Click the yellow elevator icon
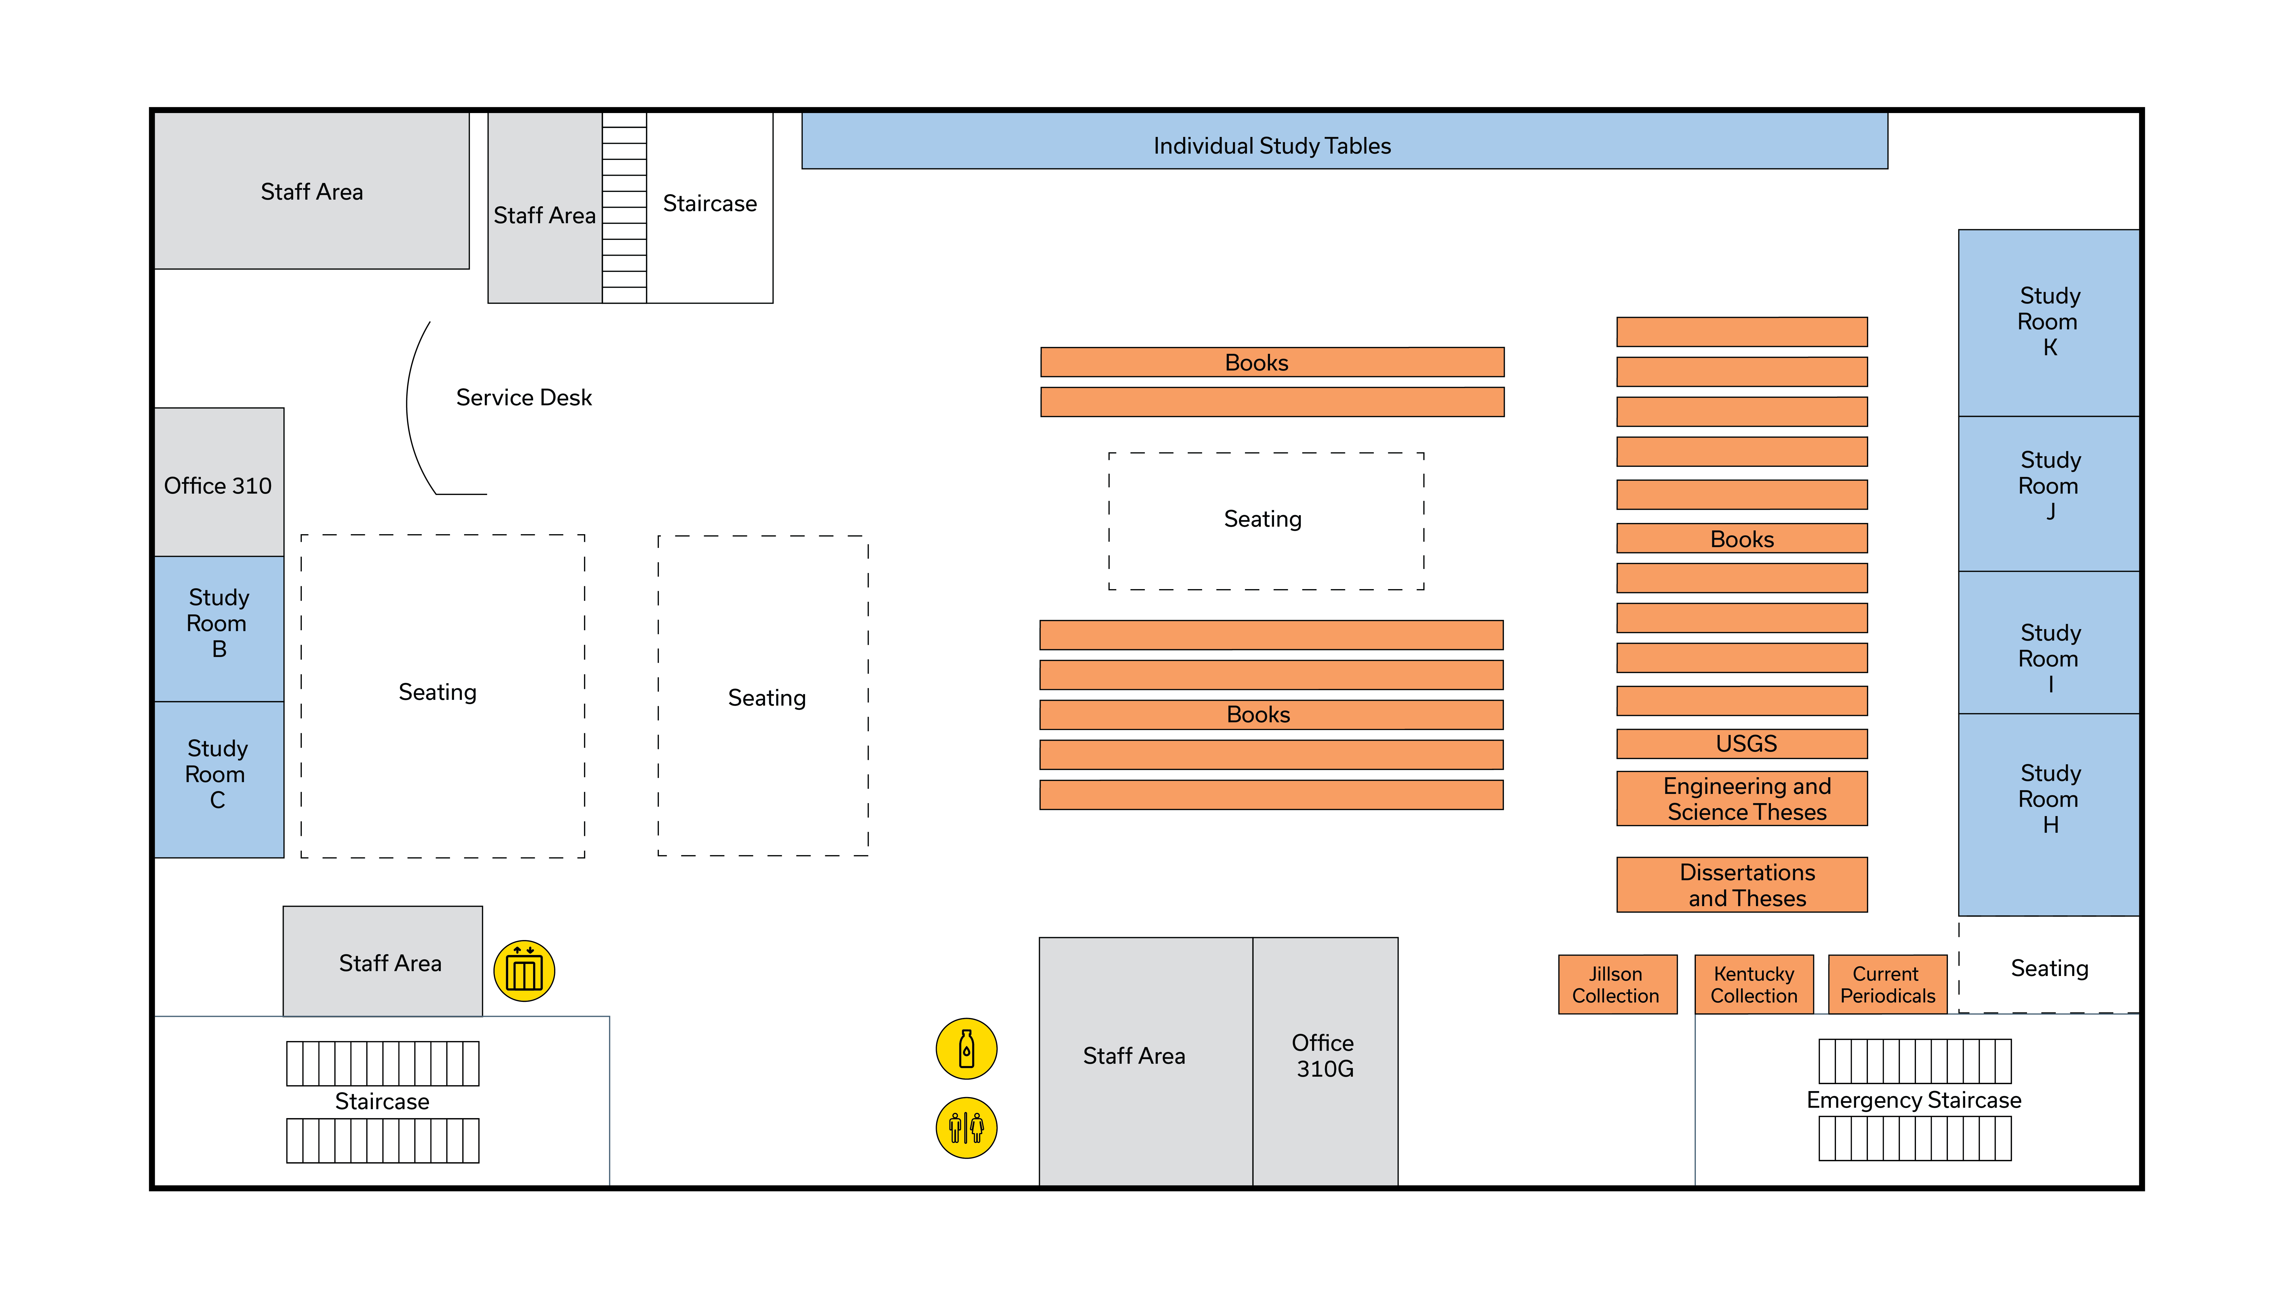524,971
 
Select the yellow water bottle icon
966,1048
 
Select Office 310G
1324,1056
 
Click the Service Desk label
524,397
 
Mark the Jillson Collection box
1617,985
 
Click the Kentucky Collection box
1754,985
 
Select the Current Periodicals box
1887,985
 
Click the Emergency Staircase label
1913,1100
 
